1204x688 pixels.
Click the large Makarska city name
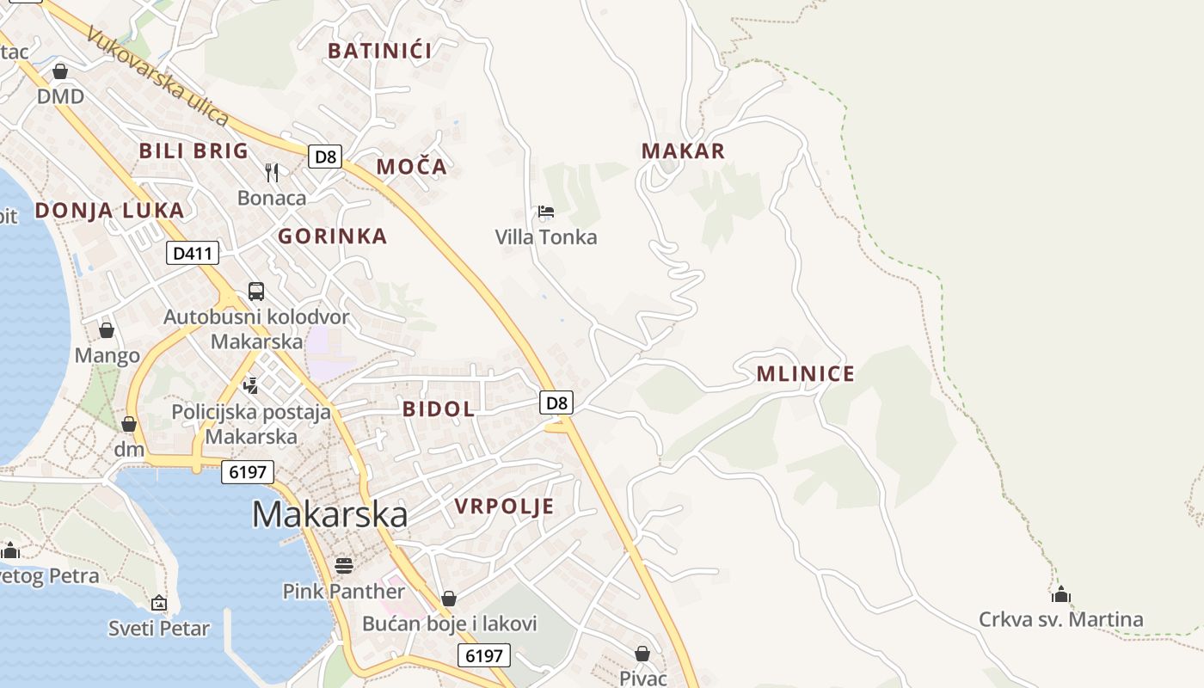click(x=329, y=514)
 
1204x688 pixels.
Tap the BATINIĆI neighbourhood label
click(x=379, y=51)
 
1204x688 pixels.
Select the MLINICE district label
click(x=806, y=374)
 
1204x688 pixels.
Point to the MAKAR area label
click(x=683, y=151)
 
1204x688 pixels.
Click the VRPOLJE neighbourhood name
click(x=504, y=507)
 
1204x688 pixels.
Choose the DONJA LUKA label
click(x=109, y=211)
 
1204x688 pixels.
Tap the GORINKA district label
click(x=332, y=236)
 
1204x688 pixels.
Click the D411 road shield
click(x=193, y=253)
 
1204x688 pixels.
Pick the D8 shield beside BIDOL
click(x=557, y=402)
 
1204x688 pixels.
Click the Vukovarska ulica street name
click(x=159, y=79)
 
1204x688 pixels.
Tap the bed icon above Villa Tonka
click(x=545, y=211)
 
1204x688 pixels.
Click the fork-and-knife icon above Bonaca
click(x=272, y=173)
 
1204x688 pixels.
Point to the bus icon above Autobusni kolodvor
click(x=256, y=291)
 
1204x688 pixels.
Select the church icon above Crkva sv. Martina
click(x=1060, y=594)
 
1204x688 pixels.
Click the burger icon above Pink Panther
click(x=344, y=565)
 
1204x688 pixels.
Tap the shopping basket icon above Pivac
click(x=642, y=654)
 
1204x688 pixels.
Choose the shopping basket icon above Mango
click(x=107, y=330)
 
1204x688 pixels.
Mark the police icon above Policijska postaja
click(x=251, y=385)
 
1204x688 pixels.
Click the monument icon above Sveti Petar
click(x=158, y=603)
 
